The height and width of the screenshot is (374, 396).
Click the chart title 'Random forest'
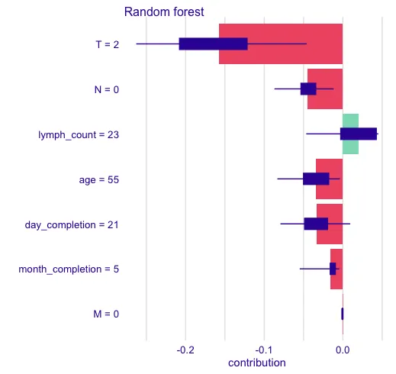[163, 11]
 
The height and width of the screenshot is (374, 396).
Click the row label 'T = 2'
[107, 44]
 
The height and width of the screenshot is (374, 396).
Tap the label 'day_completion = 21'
[72, 224]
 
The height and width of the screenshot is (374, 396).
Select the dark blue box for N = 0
[308, 89]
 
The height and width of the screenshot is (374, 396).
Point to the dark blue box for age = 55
[316, 179]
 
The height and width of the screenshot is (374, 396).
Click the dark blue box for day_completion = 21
[316, 224]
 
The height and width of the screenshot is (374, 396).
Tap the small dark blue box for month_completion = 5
[333, 269]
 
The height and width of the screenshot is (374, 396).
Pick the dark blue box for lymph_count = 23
[359, 134]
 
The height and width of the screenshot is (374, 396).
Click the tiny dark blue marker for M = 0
[343, 314]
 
